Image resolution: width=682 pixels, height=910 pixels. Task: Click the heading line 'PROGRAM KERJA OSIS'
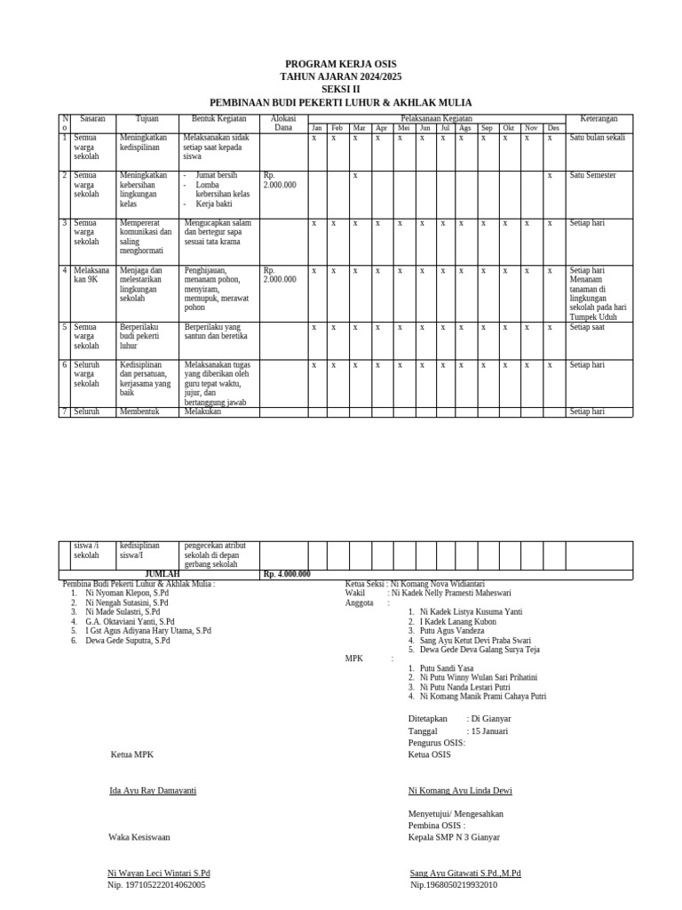coord(340,64)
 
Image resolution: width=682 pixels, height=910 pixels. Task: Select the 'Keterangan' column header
coord(599,118)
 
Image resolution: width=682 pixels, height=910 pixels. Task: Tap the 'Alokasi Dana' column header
coord(282,123)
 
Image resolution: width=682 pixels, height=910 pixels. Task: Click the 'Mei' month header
coord(404,128)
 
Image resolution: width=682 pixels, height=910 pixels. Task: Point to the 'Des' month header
coord(553,128)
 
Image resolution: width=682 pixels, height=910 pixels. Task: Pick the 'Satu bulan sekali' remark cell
coord(598,138)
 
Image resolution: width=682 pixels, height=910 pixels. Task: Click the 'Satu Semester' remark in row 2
coord(592,175)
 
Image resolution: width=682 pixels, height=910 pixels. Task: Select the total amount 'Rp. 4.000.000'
coord(287,574)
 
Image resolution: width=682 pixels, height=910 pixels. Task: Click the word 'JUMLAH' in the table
coord(163,574)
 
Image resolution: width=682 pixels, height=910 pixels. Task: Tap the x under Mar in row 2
coord(355,175)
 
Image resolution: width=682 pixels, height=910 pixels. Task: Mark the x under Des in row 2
coord(550,175)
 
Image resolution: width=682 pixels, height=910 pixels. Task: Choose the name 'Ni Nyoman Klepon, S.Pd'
coord(127,593)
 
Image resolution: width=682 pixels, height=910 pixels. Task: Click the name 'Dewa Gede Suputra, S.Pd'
coord(128,641)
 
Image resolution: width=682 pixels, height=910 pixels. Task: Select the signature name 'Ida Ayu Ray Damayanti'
coord(152,790)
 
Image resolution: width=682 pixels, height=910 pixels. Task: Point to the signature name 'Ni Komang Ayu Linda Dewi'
coord(460,790)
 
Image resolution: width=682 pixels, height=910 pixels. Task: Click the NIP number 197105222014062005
coord(156,885)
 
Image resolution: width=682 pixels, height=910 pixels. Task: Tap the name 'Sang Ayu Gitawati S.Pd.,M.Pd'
coord(465,874)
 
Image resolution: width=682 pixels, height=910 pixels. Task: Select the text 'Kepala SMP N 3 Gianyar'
coord(454,837)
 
